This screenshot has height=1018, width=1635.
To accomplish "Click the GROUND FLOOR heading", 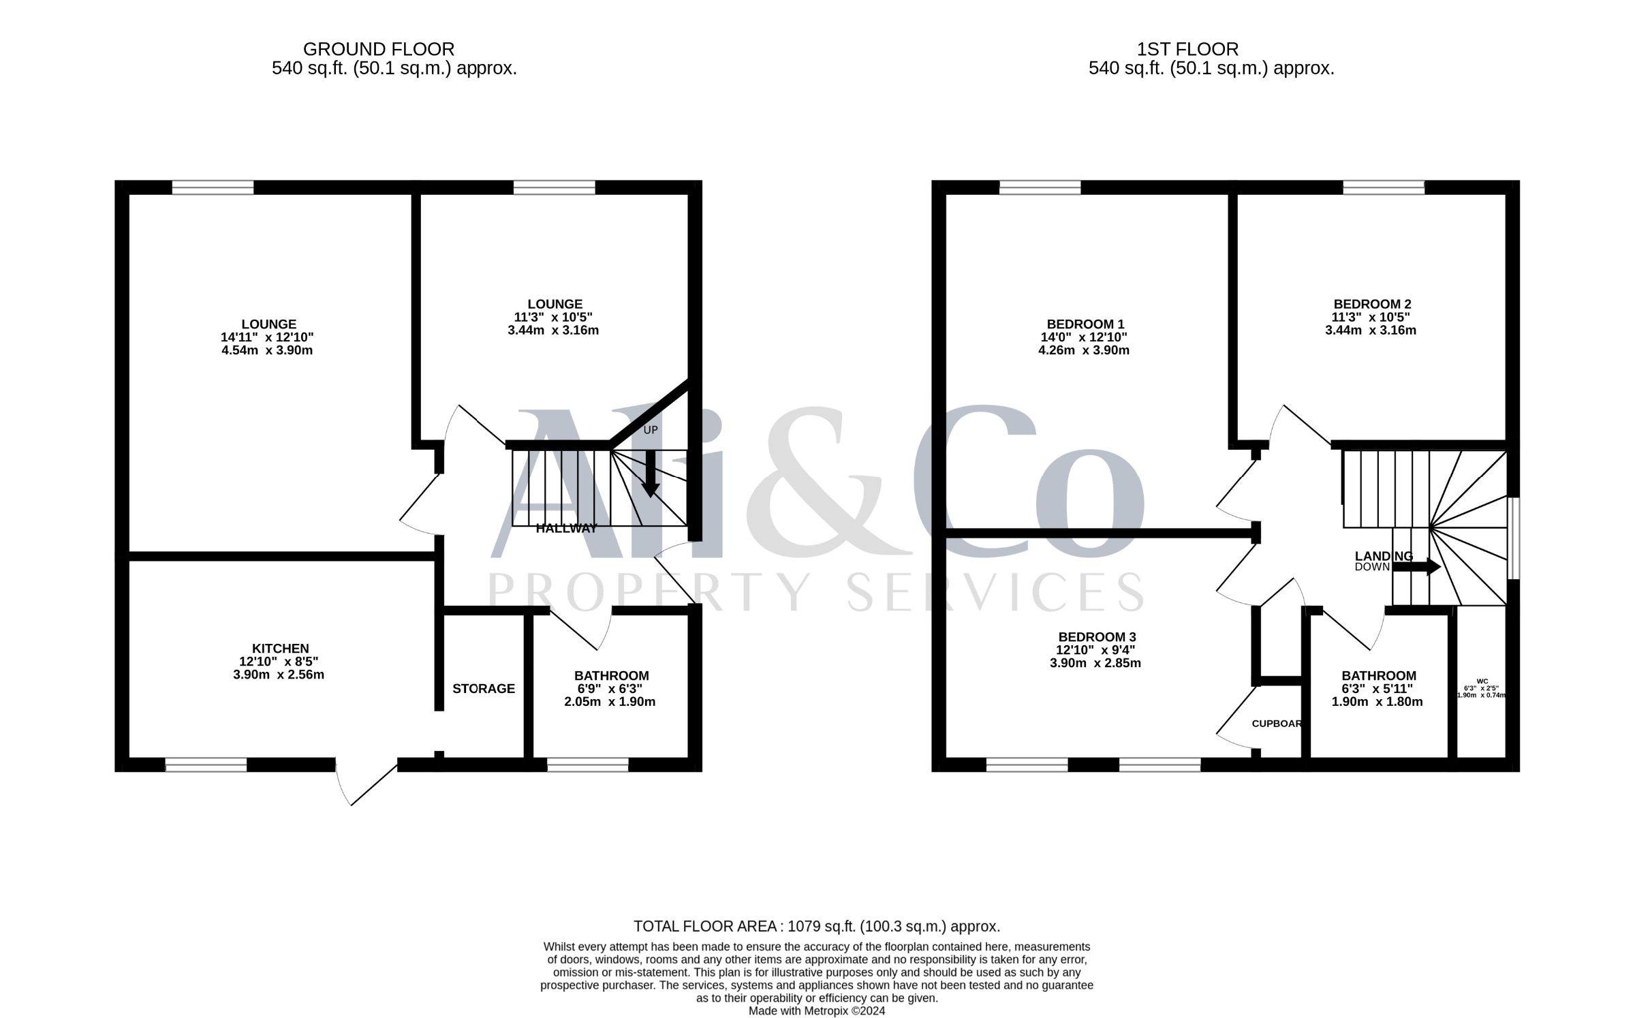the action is tap(379, 49).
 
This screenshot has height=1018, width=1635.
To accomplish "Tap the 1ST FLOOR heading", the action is tap(1187, 49).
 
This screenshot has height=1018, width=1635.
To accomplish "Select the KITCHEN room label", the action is tap(281, 649).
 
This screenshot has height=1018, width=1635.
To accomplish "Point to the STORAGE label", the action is tap(484, 689).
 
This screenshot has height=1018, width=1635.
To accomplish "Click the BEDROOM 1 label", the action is tap(1085, 324).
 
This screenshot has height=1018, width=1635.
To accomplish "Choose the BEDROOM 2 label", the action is tap(1372, 305).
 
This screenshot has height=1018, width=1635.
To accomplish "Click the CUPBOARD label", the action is tap(1277, 724).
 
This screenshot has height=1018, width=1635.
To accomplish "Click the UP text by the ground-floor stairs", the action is tap(651, 430).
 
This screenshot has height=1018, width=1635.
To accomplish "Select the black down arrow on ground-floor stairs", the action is tap(651, 474).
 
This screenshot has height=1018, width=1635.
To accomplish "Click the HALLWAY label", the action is tap(567, 528).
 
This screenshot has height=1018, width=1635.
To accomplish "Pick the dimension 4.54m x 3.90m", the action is tap(267, 350).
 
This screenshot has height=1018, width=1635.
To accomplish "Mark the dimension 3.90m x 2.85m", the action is tap(1095, 663).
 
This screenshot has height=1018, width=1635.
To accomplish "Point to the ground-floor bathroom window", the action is tap(587, 765).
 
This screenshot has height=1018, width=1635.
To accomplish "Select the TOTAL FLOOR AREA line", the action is tap(817, 927).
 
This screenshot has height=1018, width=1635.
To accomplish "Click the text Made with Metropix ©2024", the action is tap(817, 1011).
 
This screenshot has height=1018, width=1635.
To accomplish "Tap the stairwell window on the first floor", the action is tap(1513, 538).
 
